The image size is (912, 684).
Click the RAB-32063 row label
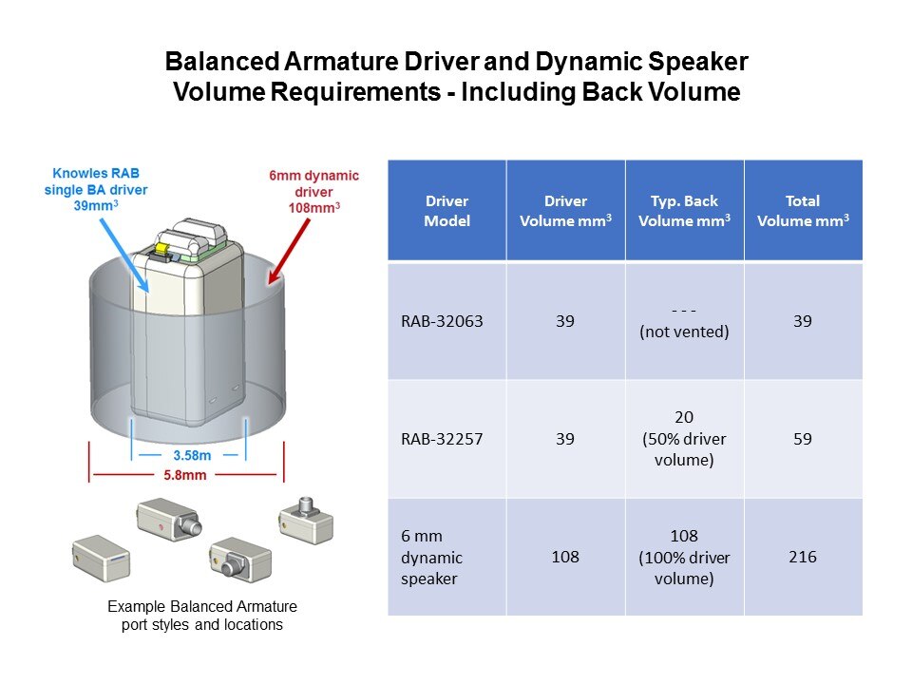[x=442, y=321]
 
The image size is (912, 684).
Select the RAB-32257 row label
[x=442, y=439]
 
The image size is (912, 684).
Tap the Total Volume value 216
[x=803, y=557]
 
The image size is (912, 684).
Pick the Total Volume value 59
[x=803, y=439]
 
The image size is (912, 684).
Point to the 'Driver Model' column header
[x=446, y=211]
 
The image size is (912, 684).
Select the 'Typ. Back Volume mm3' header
[x=684, y=211]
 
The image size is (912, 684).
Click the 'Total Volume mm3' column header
[x=803, y=211]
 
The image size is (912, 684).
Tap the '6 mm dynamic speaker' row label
[x=433, y=557]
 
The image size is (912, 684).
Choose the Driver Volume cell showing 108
[x=565, y=557]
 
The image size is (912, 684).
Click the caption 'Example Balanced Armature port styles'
[x=201, y=615]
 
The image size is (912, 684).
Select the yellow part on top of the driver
[x=161, y=247]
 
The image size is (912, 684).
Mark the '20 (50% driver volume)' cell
[x=684, y=439]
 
